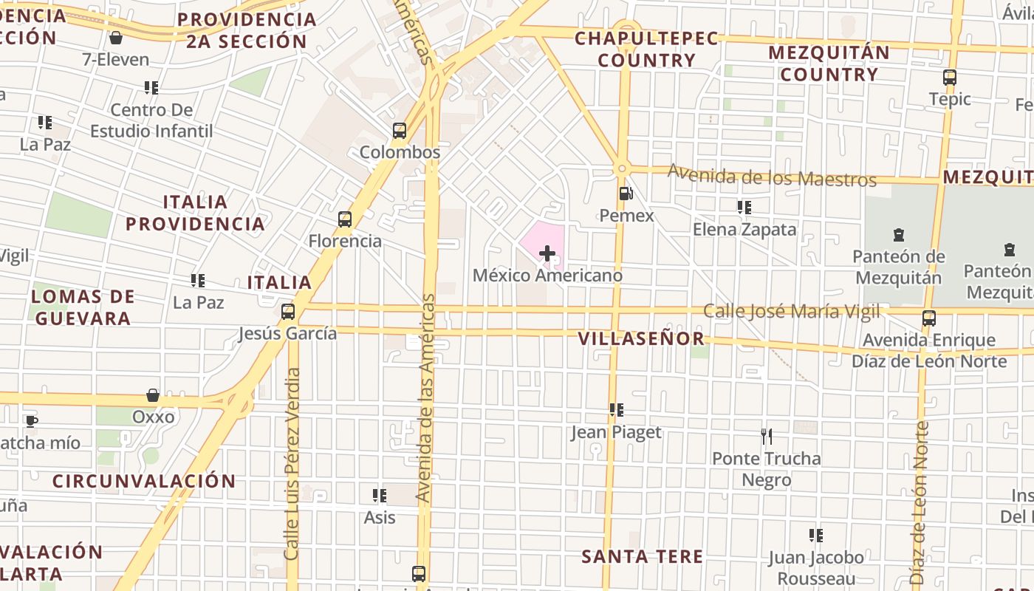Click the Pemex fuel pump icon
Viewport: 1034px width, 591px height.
tap(626, 194)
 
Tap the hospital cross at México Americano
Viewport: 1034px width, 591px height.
tap(547, 254)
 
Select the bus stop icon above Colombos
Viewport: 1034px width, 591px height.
tap(400, 131)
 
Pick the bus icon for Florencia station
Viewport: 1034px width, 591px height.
tap(345, 219)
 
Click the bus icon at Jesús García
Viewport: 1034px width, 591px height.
tap(288, 312)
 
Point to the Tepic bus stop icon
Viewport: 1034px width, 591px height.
tap(950, 78)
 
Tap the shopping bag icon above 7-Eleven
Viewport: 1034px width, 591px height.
tap(116, 38)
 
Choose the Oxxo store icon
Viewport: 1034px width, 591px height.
tap(153, 395)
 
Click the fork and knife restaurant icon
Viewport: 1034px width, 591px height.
tap(767, 437)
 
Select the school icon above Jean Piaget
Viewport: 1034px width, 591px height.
tap(617, 410)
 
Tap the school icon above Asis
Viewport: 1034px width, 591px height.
tap(380, 496)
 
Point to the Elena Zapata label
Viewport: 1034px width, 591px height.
tap(744, 229)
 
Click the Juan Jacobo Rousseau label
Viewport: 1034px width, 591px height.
tap(816, 567)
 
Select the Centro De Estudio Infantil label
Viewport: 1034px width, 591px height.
tap(151, 120)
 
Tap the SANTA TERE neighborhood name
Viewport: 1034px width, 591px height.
tap(642, 556)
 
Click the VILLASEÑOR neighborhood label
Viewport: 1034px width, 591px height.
tap(641, 339)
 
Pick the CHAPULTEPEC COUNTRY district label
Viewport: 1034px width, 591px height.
tap(647, 49)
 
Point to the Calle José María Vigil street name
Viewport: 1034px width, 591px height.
tap(791, 311)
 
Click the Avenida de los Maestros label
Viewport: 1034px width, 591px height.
tap(772, 177)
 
